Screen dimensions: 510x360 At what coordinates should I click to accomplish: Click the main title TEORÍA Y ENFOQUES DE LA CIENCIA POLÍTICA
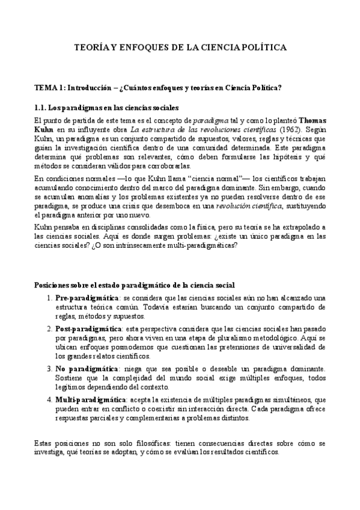click(x=180, y=47)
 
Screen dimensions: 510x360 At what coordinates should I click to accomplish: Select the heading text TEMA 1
click(x=50, y=88)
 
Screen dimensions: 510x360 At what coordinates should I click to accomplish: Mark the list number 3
click(x=49, y=367)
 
